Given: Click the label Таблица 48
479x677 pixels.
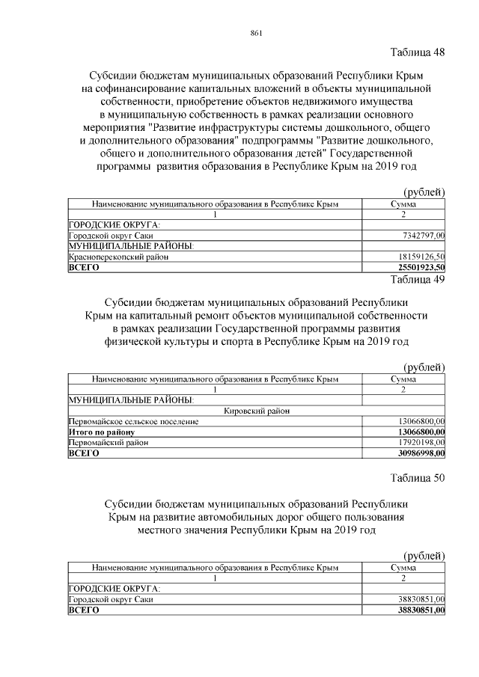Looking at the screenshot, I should coord(418,52).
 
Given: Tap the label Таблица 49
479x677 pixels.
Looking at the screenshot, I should coord(418,280).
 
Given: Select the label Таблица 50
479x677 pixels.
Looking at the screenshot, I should coord(418,479).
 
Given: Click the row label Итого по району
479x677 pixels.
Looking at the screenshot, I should coord(101,432).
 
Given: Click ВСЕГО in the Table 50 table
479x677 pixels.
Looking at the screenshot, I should coord(84,610).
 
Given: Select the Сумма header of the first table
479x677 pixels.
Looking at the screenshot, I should coord(403,203).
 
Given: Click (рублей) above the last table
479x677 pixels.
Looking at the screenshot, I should coord(424,555).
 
